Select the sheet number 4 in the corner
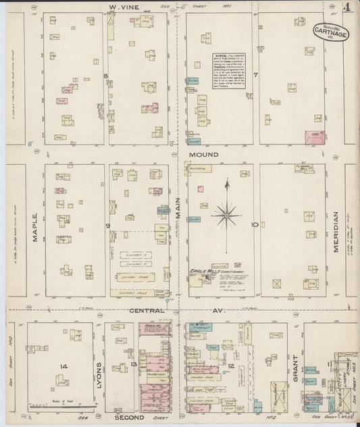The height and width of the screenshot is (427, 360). point(346,8)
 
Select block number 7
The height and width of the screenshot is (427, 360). point(256,74)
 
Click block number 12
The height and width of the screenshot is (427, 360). point(231,366)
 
